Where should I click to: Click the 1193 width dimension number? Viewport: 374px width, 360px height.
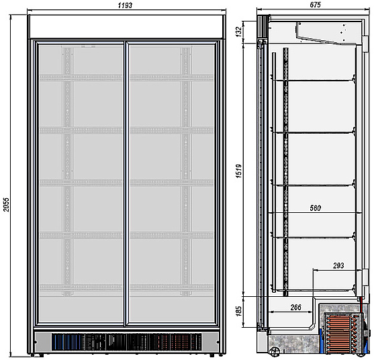[x=125, y=5]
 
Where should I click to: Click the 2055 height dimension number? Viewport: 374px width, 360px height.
[x=6, y=204]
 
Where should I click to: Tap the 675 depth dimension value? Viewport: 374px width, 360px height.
[x=316, y=5]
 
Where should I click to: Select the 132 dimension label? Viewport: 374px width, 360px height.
[x=238, y=32]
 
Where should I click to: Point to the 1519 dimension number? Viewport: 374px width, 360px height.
[x=238, y=171]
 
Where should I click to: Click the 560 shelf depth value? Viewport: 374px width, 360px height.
[x=316, y=208]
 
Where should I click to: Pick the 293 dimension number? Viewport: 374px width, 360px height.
[x=338, y=265]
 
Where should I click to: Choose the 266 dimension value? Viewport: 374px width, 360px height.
[x=295, y=308]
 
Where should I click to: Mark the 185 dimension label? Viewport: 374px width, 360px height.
[x=238, y=312]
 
